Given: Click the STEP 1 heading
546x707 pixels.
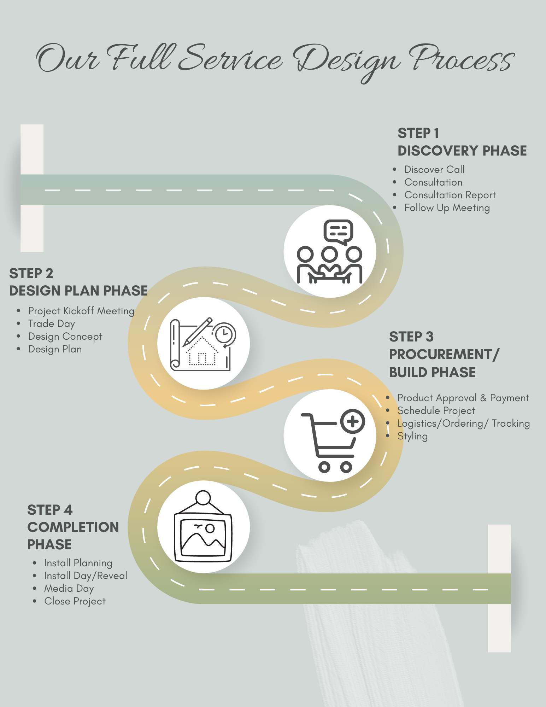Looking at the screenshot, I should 418,134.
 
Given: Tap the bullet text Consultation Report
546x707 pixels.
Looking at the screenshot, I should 450,195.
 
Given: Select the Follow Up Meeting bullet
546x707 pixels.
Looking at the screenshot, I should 447,208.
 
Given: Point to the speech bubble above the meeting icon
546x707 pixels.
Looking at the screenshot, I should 338,231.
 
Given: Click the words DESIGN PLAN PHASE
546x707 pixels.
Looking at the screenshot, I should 78,291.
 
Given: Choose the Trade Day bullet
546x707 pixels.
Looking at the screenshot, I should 52,324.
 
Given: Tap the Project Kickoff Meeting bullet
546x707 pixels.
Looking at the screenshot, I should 81,311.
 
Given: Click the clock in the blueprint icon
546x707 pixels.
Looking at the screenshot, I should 224,333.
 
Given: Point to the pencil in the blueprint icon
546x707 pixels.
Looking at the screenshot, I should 197,332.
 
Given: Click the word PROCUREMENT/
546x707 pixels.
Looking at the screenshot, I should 444,355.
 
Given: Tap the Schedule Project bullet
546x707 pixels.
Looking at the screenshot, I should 436,411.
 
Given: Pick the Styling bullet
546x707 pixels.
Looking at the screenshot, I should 412,436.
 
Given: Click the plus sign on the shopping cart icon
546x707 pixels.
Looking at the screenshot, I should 353,421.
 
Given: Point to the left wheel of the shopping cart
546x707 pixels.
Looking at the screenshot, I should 324,467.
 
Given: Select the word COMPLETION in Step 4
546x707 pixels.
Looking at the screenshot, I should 73,527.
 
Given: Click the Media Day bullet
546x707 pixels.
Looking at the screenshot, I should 69,589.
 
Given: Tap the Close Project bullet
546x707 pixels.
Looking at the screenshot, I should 75,601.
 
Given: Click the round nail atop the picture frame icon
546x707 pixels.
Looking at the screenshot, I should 203,498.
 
